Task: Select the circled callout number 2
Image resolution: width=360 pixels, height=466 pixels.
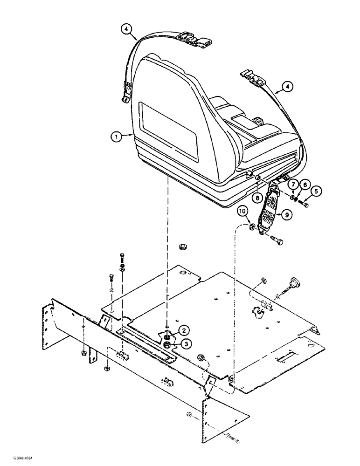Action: [x=185, y=330]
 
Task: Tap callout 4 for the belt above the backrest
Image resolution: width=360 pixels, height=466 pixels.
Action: [x=126, y=29]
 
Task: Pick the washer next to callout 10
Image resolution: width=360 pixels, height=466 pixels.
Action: [x=252, y=227]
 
